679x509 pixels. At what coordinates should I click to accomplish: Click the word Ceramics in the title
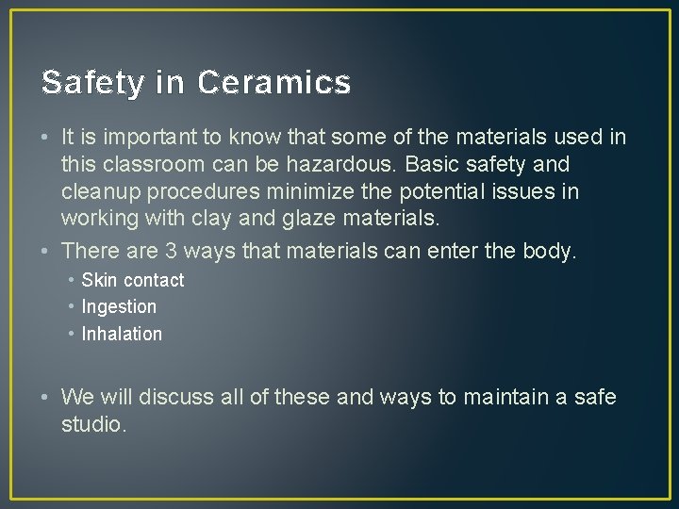tap(274, 83)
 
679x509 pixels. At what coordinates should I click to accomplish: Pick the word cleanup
tap(101, 192)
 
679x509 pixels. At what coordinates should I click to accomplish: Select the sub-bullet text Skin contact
tap(133, 280)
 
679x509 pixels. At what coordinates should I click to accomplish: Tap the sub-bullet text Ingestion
tap(119, 306)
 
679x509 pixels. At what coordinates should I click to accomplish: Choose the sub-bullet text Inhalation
tap(122, 334)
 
